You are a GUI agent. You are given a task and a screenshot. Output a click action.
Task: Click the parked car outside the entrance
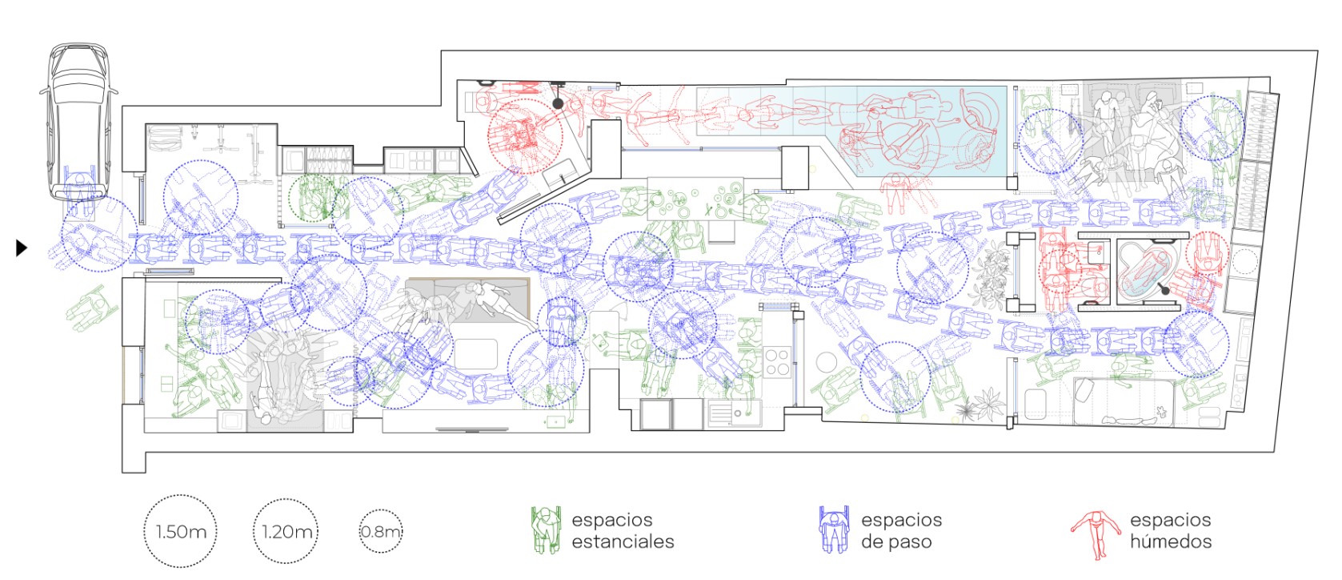point(78,120)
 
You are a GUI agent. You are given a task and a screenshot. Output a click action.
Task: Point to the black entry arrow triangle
point(21,248)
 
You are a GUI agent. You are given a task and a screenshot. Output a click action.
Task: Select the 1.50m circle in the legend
point(180,531)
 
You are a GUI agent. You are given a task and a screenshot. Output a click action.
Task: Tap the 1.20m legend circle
point(286,531)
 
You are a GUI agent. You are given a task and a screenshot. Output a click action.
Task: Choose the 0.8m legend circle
point(381,531)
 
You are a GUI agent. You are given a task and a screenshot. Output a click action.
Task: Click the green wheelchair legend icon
point(547,530)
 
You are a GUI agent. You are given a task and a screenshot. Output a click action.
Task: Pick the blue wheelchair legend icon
point(834,530)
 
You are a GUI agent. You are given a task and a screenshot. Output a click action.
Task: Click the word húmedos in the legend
point(1171,542)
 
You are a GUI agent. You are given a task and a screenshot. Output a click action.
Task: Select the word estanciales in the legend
point(623,542)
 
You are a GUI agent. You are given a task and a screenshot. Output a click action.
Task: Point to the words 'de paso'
point(896,542)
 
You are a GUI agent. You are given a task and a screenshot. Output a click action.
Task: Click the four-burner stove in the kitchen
point(777,362)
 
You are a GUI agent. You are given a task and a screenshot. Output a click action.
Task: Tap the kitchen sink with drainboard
point(734,413)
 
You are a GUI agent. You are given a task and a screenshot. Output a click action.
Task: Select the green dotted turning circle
point(311,198)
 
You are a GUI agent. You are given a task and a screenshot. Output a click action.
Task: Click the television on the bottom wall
point(472,429)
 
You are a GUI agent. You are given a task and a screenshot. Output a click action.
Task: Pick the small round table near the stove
point(826,362)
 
